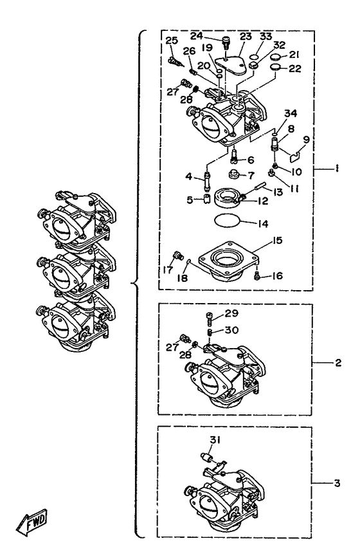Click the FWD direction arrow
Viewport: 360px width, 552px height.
point(32,522)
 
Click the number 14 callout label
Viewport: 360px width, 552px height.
point(263,224)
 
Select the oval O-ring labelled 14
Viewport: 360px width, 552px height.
point(227,221)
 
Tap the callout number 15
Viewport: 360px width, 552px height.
point(277,241)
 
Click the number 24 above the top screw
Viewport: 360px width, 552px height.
point(197,35)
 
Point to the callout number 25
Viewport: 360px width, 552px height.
point(172,41)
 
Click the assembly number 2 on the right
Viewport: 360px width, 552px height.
point(338,363)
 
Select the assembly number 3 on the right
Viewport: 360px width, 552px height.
point(337,483)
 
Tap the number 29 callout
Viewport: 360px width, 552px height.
point(231,313)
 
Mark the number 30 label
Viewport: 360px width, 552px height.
point(232,330)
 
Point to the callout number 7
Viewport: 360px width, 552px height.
point(251,175)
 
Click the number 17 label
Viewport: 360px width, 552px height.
point(168,270)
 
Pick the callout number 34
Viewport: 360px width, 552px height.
point(291,113)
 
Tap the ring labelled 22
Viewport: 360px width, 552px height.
point(275,67)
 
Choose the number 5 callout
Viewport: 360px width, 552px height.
point(190,200)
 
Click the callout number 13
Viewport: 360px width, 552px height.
point(278,192)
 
